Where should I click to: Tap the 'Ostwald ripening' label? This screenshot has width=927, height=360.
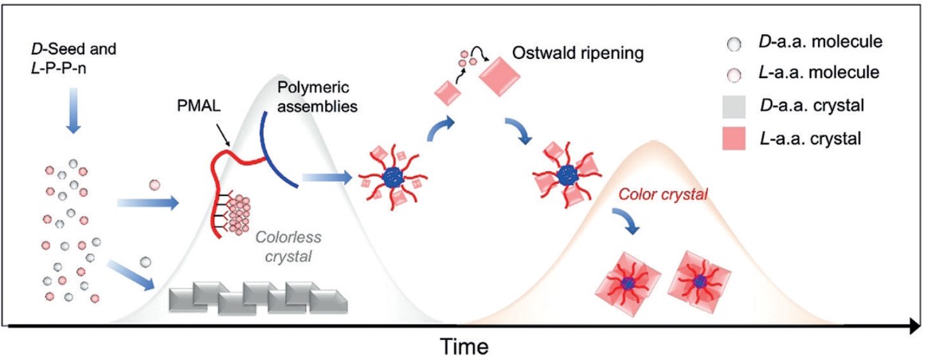pos(577,55)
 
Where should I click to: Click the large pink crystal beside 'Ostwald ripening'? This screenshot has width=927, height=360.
pos(500,76)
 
